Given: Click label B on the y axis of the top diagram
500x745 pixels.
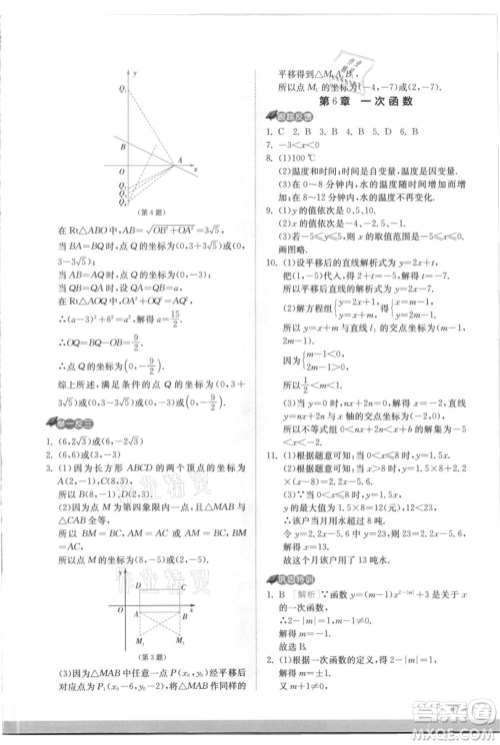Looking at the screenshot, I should pos(121,146).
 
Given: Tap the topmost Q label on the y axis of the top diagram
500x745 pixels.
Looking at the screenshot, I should pos(122,89).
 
